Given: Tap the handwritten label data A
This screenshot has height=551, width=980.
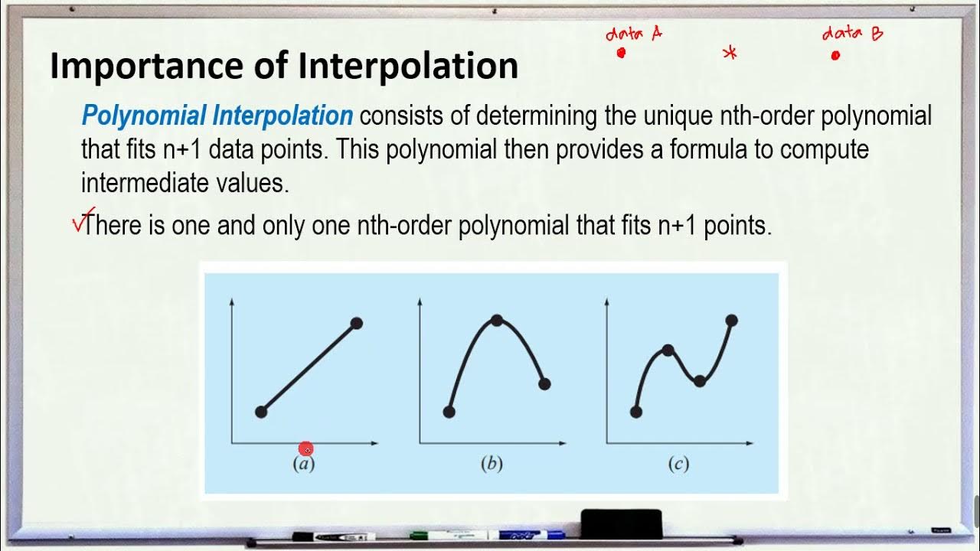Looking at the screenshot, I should tap(633, 34).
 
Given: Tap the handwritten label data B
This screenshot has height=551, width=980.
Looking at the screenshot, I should tap(851, 34).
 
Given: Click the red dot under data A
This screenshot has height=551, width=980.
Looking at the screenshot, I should tap(621, 53).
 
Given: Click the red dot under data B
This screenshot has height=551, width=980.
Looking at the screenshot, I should tap(835, 55).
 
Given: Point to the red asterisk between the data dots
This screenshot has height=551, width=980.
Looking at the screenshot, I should tap(730, 53).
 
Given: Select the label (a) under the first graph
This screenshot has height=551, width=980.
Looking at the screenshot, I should tap(304, 464).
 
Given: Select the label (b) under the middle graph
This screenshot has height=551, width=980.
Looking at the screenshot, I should tap(491, 464).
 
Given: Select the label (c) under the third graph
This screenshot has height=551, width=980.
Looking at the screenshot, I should tap(678, 464).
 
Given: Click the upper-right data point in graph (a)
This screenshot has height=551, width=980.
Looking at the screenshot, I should tap(356, 323).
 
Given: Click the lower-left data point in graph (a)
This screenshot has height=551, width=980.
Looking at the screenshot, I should tap(260, 412).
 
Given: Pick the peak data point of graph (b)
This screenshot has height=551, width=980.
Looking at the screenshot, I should tap(497, 320).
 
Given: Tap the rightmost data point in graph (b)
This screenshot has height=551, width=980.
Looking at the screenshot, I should tap(544, 384).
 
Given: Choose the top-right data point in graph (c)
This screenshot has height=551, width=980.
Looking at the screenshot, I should tap(731, 320).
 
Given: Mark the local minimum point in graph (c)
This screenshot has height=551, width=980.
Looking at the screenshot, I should tap(699, 380).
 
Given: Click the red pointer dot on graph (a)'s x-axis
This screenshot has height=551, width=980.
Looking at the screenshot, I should tap(306, 449).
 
